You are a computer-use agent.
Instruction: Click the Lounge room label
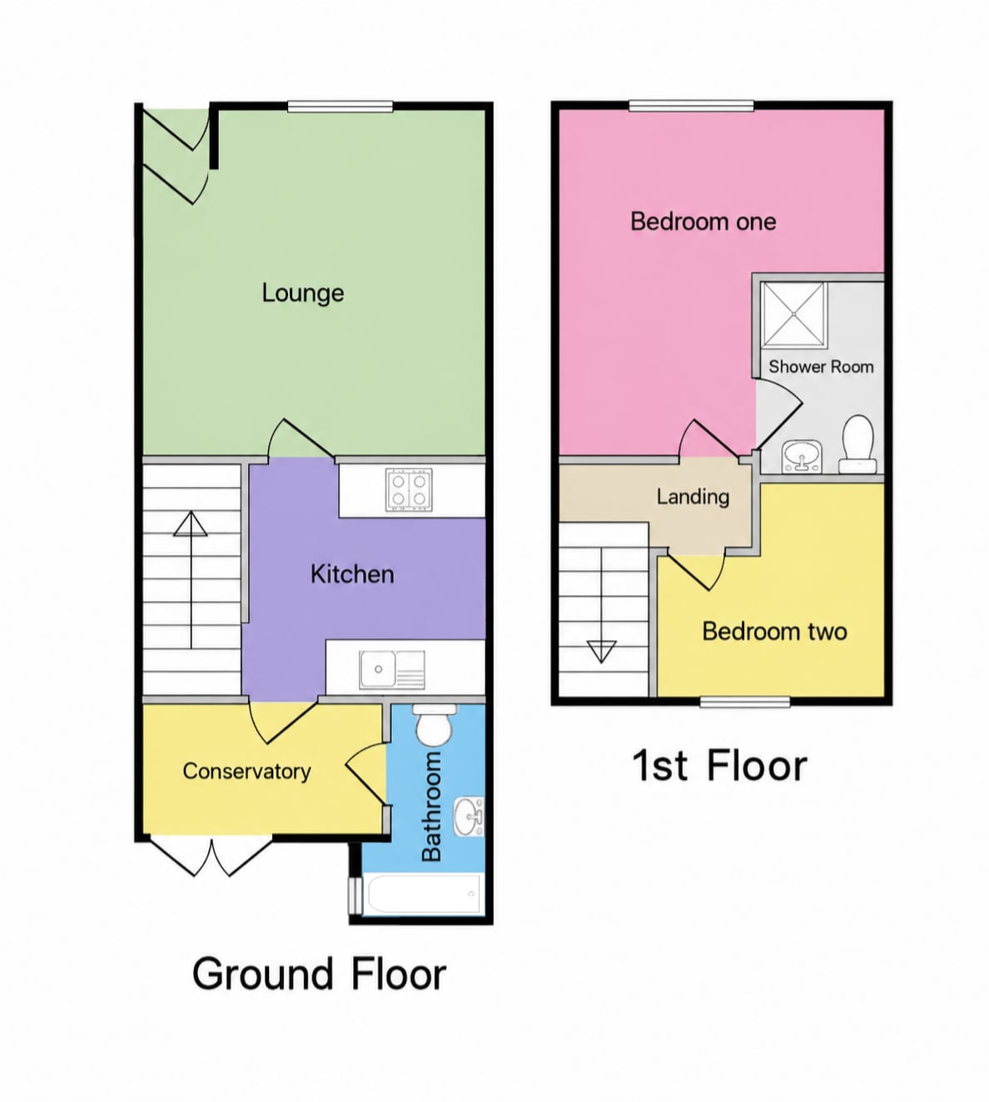point(303,294)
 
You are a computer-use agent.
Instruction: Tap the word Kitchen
point(352,574)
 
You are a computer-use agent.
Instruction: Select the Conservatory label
point(246,772)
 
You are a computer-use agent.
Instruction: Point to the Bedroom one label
point(703,221)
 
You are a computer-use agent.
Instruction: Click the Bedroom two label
point(775,632)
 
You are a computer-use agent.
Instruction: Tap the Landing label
point(693,497)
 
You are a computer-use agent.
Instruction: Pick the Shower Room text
point(821,366)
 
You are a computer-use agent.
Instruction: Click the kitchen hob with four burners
point(409,490)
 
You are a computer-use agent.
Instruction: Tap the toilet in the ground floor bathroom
point(434,724)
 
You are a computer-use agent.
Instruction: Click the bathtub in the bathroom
point(423,895)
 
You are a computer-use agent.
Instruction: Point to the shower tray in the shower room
point(793,314)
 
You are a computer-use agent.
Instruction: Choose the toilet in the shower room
point(858,444)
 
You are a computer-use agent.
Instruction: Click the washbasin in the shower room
point(802,457)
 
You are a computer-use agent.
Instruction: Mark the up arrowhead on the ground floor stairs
point(191,524)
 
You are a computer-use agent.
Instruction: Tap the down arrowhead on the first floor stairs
point(601,652)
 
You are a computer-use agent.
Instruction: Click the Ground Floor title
point(320,974)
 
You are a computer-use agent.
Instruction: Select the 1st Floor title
point(720,767)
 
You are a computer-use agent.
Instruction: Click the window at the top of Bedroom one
point(692,106)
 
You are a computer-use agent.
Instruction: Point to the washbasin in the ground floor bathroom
point(469,817)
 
